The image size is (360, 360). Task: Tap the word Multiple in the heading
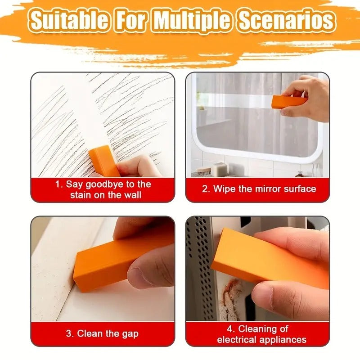[x=193, y=21]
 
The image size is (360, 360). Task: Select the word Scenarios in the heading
[x=286, y=21]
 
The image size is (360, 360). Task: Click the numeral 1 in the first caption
[x=58, y=184]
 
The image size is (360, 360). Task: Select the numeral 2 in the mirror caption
[x=205, y=189]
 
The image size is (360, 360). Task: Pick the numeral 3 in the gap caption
[x=69, y=334]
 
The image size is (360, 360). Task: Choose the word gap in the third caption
[x=130, y=334]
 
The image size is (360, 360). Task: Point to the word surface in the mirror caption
[x=300, y=189]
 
